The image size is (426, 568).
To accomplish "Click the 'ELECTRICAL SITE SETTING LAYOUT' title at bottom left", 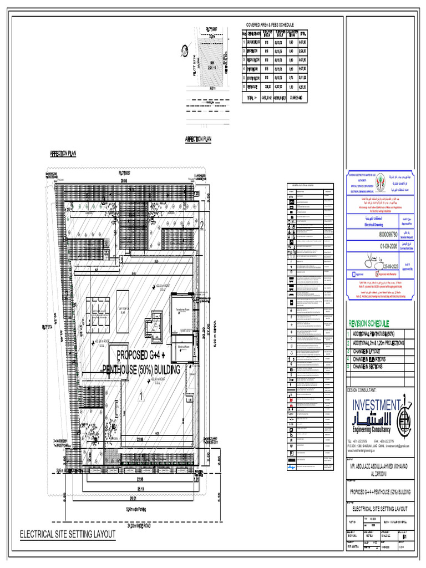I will click(68, 535).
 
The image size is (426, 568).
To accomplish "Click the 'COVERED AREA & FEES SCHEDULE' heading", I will click(270, 26).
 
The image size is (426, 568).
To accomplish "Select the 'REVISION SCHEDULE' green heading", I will click(368, 323).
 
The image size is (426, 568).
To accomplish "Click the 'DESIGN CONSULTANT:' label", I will click(365, 390).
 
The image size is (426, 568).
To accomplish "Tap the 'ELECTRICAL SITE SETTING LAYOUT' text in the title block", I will click(380, 508).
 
